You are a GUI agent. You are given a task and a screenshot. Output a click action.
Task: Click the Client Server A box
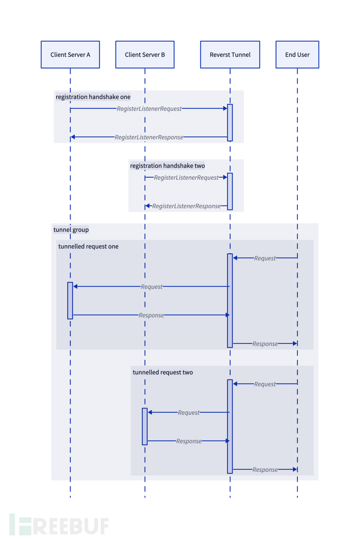70,55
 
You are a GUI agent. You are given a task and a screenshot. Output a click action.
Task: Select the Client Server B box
145,55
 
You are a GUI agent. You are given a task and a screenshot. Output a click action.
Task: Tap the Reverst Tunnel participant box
230,55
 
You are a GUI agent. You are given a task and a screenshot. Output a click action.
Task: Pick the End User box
297,55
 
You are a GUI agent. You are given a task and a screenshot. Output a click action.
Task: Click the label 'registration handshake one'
93,97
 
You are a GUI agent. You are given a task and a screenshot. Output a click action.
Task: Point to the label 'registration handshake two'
167,166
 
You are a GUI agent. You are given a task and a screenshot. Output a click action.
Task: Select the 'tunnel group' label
71,230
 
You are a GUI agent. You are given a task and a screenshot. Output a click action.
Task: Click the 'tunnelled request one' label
88,247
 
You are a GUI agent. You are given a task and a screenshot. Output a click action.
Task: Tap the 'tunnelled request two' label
163,372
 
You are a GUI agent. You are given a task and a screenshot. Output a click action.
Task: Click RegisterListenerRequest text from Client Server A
149,109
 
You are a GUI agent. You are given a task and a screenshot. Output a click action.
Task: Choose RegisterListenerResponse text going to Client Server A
149,138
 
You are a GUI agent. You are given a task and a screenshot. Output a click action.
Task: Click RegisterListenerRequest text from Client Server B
186,178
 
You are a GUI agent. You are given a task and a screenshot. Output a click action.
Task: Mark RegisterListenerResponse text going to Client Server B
186,206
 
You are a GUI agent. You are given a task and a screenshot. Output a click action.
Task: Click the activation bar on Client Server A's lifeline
70,301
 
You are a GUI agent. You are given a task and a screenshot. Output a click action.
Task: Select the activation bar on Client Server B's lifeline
145,426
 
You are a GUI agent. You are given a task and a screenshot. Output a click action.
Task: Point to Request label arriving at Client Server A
151,287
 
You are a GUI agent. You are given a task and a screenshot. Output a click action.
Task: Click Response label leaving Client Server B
188,441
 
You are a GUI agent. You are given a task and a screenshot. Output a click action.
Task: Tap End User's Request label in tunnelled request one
265,259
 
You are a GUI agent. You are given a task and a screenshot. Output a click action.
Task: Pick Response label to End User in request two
265,470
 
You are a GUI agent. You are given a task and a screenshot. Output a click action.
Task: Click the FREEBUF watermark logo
58,525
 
